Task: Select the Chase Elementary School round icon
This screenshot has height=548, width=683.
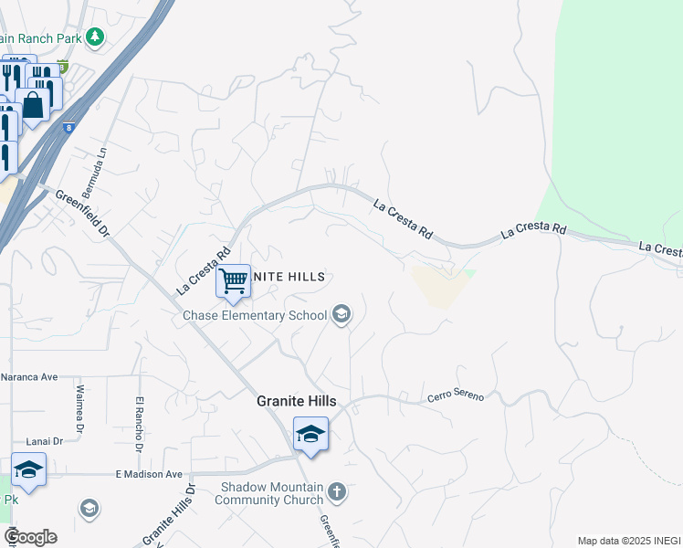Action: (x=341, y=316)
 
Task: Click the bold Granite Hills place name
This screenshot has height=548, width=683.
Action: (x=295, y=401)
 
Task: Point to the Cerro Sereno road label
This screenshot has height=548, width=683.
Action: (x=456, y=397)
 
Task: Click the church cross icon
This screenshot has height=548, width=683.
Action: (x=337, y=493)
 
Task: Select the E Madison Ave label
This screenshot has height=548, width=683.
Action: (x=150, y=474)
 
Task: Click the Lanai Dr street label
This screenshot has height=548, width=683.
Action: (x=45, y=440)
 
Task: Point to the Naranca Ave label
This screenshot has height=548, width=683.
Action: (x=29, y=375)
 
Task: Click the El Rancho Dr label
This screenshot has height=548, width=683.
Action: (x=140, y=424)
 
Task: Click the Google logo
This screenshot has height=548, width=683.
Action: (x=30, y=537)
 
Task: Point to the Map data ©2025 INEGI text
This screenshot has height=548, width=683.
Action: (x=628, y=541)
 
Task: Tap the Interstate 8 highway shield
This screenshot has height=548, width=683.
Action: (x=69, y=129)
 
